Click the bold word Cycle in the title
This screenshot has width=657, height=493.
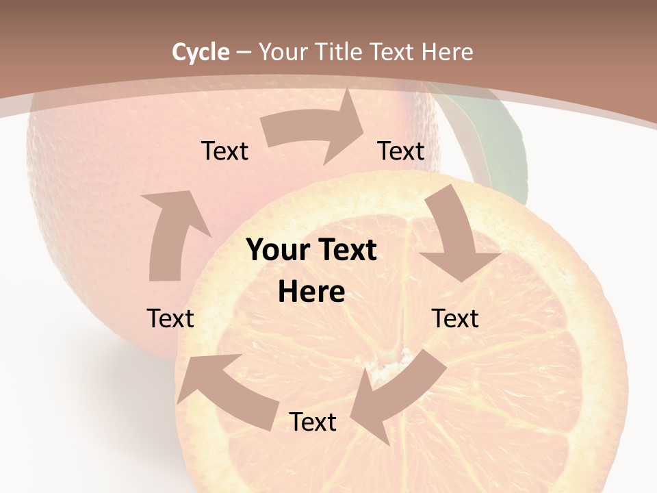point(201,52)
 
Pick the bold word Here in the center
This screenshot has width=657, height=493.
point(311,292)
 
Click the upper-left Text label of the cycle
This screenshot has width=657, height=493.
point(224,151)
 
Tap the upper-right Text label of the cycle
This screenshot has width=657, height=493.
point(401,151)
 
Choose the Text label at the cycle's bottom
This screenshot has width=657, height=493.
point(312,422)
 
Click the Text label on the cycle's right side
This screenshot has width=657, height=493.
point(455,318)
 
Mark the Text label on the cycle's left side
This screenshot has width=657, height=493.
point(170,318)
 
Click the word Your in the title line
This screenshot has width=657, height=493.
point(282,52)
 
